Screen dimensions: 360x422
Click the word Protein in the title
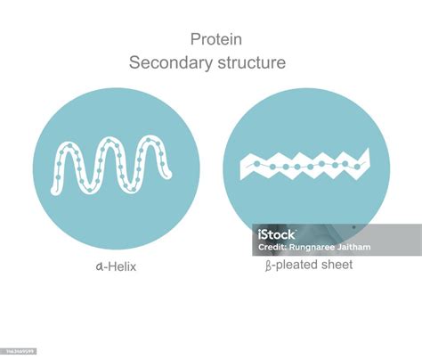(x=216, y=39)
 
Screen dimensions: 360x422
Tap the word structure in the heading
(x=251, y=63)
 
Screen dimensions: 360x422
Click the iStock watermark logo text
(x=276, y=235)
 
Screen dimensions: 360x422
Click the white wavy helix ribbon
(x=116, y=165)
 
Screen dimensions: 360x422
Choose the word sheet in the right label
(x=338, y=265)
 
